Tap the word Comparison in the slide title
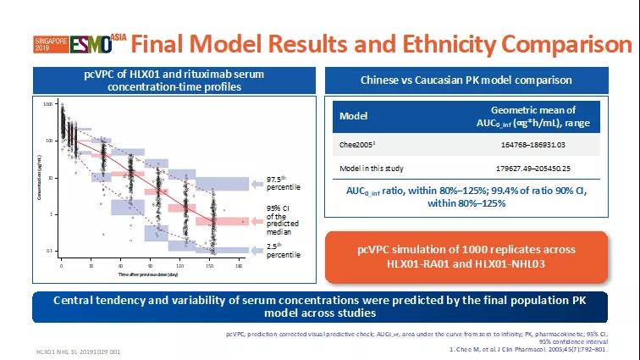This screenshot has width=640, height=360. pos(559,44)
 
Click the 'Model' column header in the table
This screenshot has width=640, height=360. pos(353,116)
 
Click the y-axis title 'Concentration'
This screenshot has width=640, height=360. pos(41,182)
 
